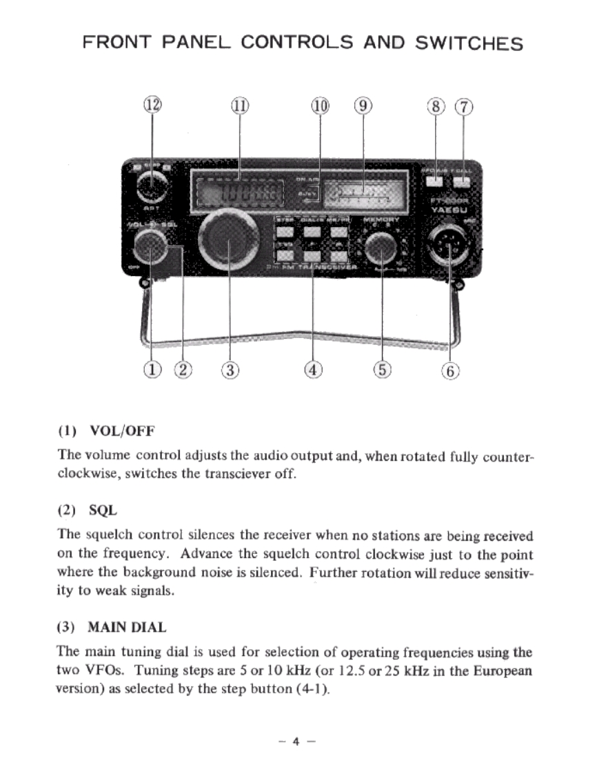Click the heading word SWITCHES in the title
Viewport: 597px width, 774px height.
469,43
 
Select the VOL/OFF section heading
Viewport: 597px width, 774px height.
122,432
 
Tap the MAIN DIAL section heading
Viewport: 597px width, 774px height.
127,628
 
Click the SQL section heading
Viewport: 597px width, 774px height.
103,511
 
